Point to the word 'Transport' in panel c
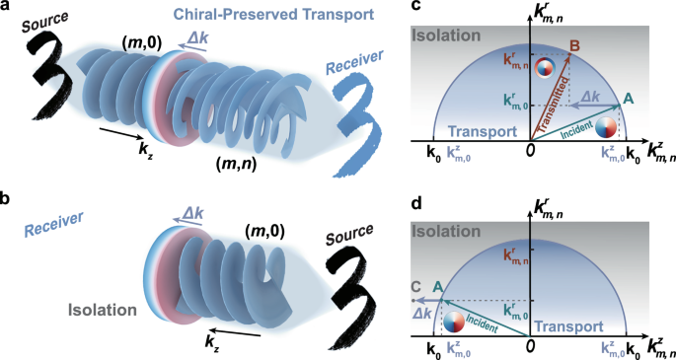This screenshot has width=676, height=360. pyautogui.click(x=473, y=131)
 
